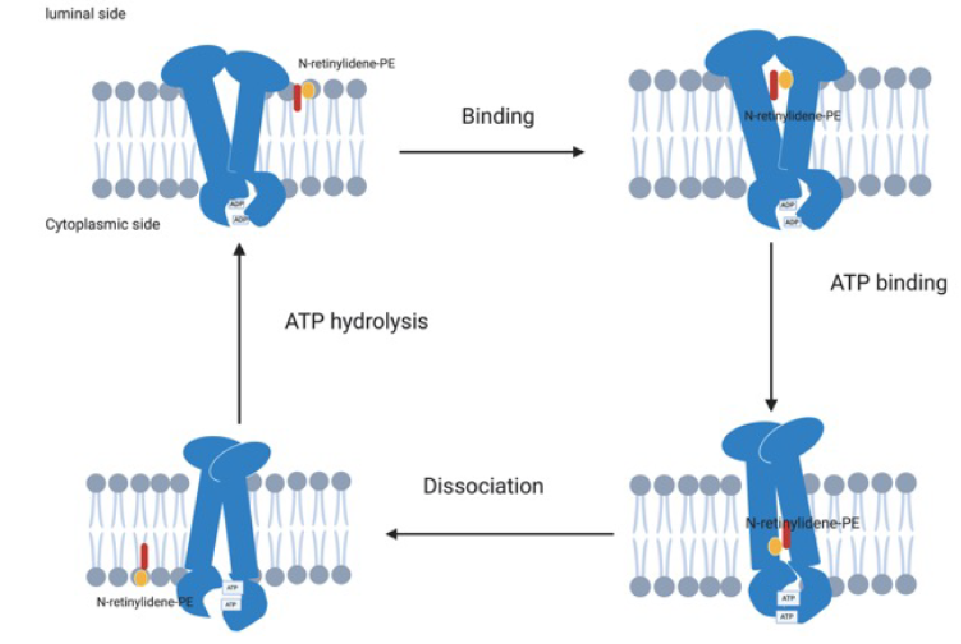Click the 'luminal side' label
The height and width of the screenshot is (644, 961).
85,14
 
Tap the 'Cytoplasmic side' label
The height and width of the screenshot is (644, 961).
102,224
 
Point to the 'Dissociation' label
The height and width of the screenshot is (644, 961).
483,486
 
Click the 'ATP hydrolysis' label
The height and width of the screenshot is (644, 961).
356,321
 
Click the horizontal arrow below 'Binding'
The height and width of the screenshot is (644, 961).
491,152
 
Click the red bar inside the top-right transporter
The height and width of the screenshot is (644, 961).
774,85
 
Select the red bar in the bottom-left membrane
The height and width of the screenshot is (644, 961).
144,557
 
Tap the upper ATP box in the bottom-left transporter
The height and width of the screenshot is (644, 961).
233,588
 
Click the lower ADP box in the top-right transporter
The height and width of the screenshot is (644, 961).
791,222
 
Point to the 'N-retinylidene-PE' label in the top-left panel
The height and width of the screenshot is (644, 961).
346,64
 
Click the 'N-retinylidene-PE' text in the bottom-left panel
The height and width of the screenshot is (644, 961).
144,602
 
